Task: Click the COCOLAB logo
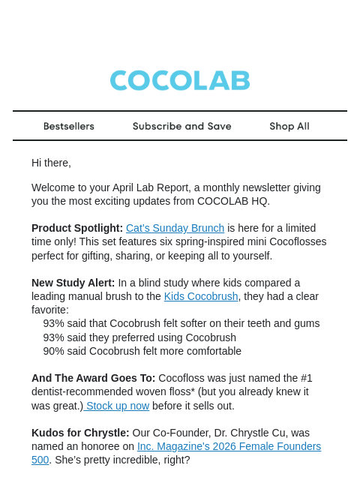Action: (180, 81)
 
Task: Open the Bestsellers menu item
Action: (69, 126)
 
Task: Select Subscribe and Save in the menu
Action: (182, 126)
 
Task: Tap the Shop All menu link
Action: (289, 126)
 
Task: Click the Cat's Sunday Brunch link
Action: (175, 228)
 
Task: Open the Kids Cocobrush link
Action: (201, 296)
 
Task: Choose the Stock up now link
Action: (118, 406)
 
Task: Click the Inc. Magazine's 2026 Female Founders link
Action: (229, 446)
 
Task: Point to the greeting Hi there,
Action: (51, 163)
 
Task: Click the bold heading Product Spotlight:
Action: (77, 228)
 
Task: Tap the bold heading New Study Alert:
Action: (73, 283)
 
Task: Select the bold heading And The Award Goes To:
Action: (94, 378)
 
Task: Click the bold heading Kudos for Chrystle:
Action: (80, 433)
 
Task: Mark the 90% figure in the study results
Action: (53, 351)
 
